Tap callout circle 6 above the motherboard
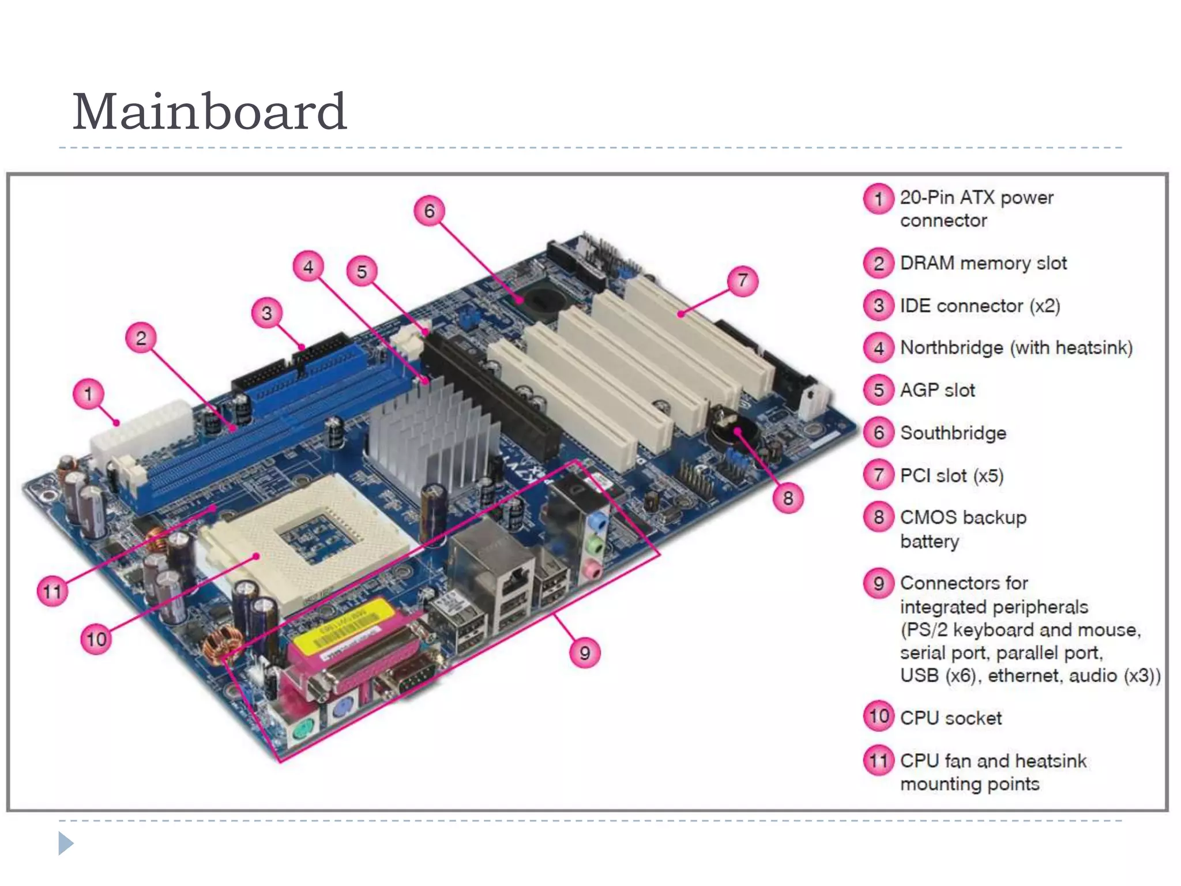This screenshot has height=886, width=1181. tap(429, 211)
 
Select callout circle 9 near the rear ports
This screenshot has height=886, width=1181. tap(585, 653)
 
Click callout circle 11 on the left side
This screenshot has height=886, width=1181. tap(52, 591)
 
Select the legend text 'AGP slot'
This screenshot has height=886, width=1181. tap(937, 391)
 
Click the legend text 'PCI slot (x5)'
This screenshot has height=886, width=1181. tap(951, 476)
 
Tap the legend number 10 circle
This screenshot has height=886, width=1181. tap(878, 717)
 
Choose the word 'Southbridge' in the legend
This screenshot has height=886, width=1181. tap(953, 433)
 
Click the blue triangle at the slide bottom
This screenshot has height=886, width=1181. tap(65, 843)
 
